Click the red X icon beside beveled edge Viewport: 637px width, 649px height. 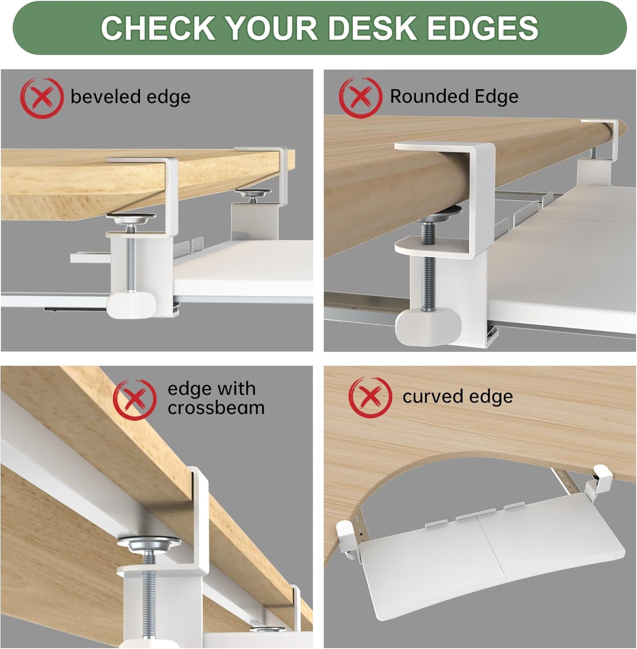click(x=41, y=98)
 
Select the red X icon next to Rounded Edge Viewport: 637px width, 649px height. click(x=360, y=97)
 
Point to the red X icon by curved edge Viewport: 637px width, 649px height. click(x=370, y=396)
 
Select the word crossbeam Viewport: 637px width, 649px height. click(x=216, y=408)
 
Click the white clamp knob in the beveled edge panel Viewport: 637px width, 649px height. click(x=132, y=305)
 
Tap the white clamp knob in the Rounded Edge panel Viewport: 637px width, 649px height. click(x=428, y=326)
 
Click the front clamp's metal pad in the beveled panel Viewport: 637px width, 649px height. click(x=132, y=218)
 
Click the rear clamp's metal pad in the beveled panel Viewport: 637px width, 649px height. click(x=253, y=192)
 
